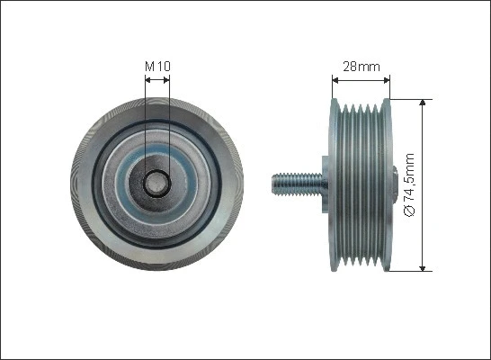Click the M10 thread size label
point(156,66)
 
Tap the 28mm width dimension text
point(361,66)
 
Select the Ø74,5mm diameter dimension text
point(409,184)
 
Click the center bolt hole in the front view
point(156,183)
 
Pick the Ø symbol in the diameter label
point(409,211)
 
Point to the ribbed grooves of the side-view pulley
point(360,184)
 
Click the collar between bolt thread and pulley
point(319,184)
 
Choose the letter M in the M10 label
point(149,66)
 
